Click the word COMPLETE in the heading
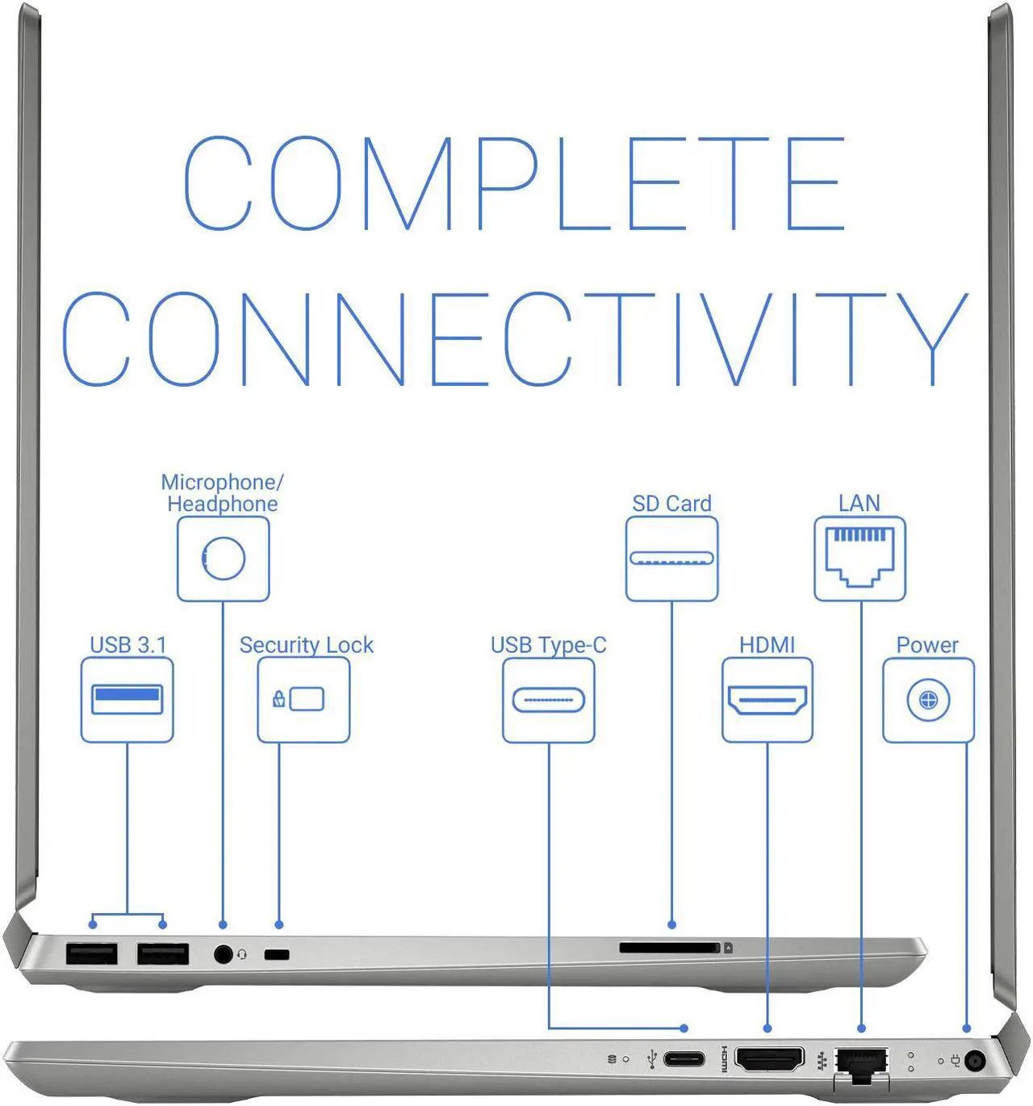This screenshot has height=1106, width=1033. pyautogui.click(x=515, y=183)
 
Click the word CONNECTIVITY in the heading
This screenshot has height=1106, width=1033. pyautogui.click(x=516, y=338)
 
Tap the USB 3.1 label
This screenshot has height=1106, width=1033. pyautogui.click(x=128, y=645)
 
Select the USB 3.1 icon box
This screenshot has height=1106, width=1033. pyautogui.click(x=127, y=699)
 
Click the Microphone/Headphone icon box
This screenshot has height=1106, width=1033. pyautogui.click(x=223, y=559)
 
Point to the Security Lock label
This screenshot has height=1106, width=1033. pyautogui.click(x=307, y=646)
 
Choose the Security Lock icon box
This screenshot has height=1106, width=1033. pyautogui.click(x=303, y=699)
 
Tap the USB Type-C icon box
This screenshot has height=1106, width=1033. pyautogui.click(x=549, y=700)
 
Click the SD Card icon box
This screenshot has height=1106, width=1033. pyautogui.click(x=671, y=559)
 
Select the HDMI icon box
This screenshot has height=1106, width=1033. pyautogui.click(x=767, y=700)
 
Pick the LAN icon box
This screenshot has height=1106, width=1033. pyautogui.click(x=859, y=559)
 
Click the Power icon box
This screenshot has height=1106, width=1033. pyautogui.click(x=928, y=700)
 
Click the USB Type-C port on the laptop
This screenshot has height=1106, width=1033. pyautogui.click(x=684, y=1059)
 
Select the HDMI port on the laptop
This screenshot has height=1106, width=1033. pyautogui.click(x=770, y=1059)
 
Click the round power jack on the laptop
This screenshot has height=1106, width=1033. pyautogui.click(x=974, y=1061)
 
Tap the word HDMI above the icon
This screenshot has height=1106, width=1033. pyautogui.click(x=767, y=645)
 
